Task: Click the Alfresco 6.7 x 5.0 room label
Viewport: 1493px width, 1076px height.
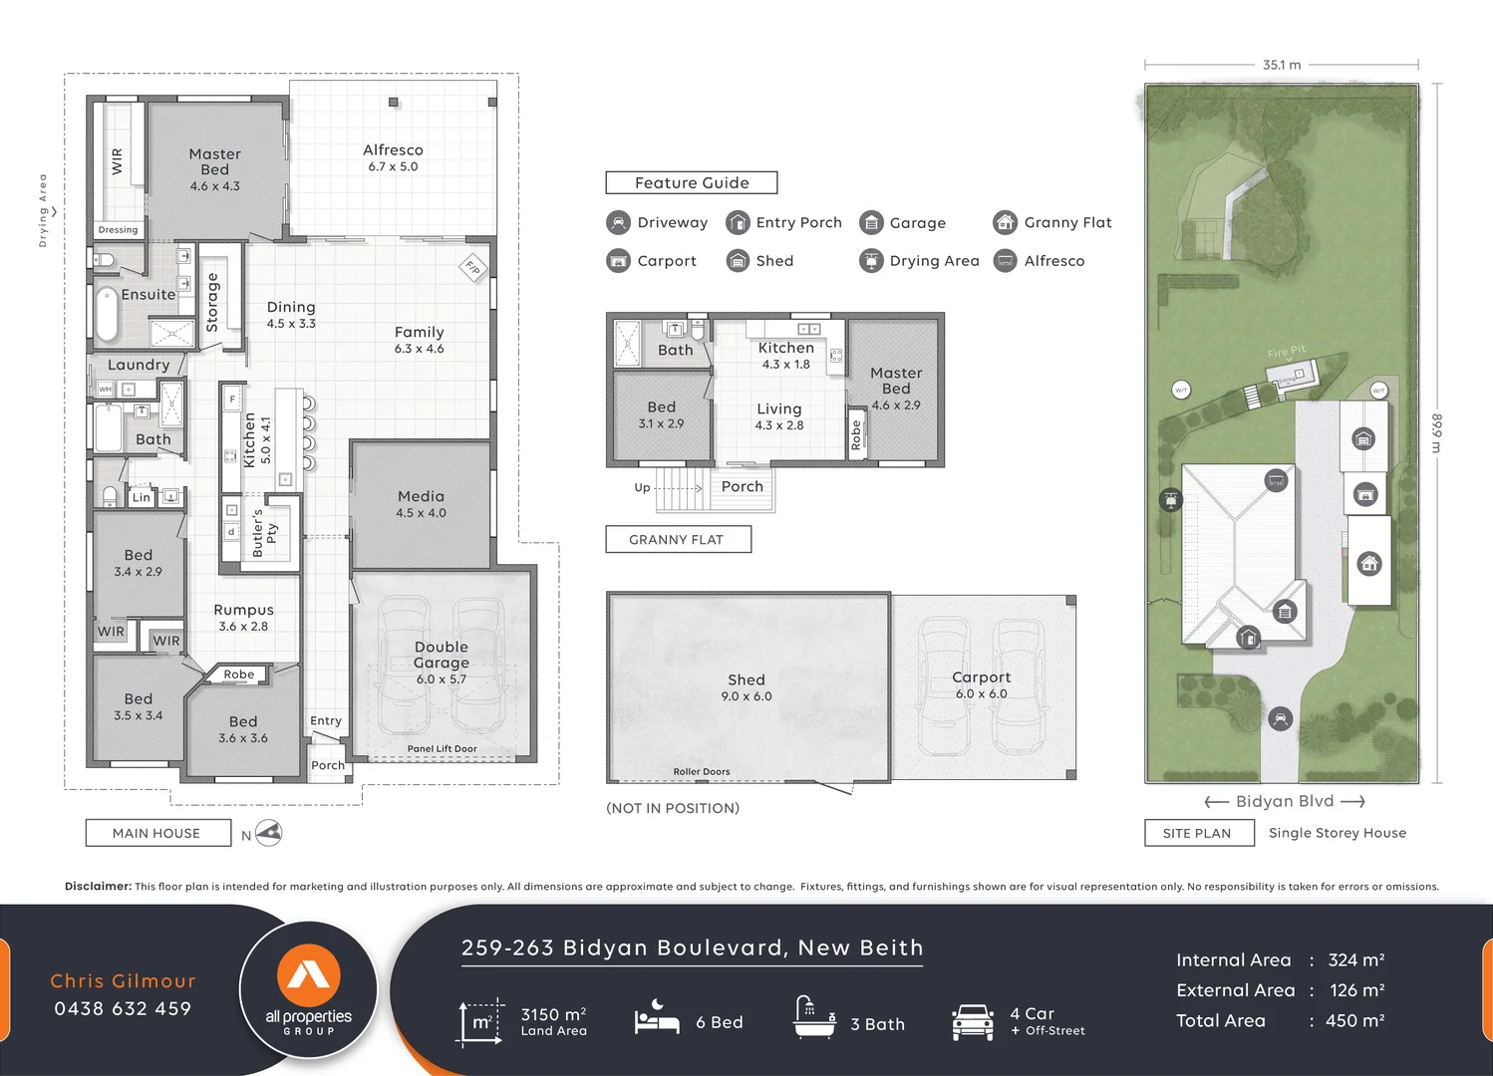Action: (393, 157)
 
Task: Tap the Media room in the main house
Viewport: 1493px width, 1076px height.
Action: (421, 504)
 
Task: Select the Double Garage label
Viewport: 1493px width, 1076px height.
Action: (442, 662)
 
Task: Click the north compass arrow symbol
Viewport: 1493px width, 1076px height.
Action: (269, 833)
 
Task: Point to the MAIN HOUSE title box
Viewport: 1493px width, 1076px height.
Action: (157, 833)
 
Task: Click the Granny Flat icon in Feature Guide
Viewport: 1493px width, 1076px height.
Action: (1005, 222)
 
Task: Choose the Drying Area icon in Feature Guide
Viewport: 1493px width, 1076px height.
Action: (871, 261)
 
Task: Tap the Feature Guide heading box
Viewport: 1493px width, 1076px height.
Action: (692, 183)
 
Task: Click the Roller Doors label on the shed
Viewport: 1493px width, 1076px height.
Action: (702, 771)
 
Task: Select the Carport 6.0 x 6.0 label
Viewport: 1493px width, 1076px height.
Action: (982, 684)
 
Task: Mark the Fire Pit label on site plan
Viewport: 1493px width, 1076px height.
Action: (1286, 352)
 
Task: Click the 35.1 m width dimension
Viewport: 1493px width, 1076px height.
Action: (1282, 65)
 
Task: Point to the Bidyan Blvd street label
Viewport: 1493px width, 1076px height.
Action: (1285, 801)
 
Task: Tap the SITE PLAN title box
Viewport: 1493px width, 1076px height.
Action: (1198, 833)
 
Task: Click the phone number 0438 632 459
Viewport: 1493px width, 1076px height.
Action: (123, 1008)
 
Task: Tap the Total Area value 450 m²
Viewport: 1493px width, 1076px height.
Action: (1354, 1020)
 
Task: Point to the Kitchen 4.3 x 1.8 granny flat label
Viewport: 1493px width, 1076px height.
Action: (785, 355)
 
